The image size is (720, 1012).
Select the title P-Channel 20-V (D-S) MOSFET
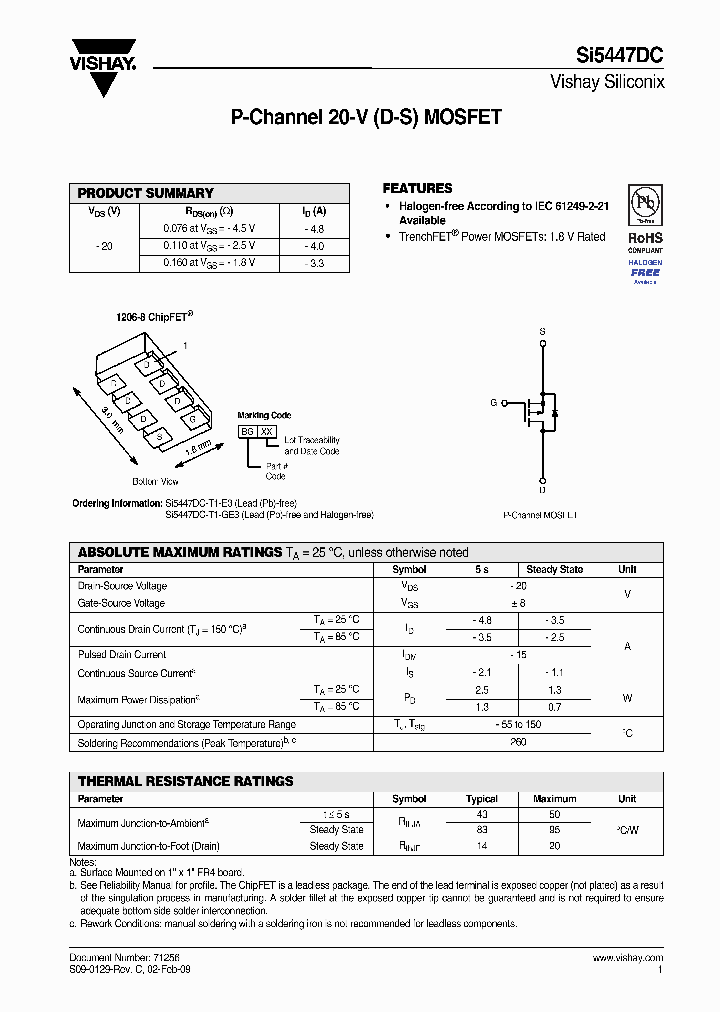[x=366, y=118]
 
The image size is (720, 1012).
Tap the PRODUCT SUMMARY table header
[x=146, y=193]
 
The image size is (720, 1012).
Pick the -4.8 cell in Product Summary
[x=314, y=228]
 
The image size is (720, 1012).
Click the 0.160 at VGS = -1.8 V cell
[x=209, y=263]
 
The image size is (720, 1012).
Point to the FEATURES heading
[x=417, y=188]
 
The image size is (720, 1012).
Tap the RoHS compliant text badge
[x=645, y=244]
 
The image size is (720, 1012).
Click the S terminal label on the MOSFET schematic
[x=542, y=330]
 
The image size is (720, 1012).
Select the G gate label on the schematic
[x=493, y=402]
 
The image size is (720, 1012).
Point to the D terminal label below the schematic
[x=542, y=491]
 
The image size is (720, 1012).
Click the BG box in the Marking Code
[x=247, y=430]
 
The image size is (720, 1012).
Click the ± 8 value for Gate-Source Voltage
[x=518, y=603]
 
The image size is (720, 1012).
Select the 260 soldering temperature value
[x=518, y=743]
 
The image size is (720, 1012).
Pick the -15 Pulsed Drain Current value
[x=518, y=654]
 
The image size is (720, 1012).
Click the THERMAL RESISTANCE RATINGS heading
[x=186, y=781]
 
